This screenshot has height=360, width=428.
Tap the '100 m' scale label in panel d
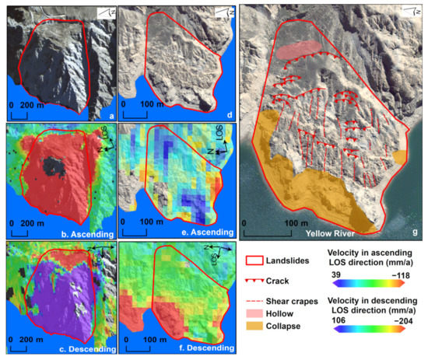(x=150, y=103)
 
